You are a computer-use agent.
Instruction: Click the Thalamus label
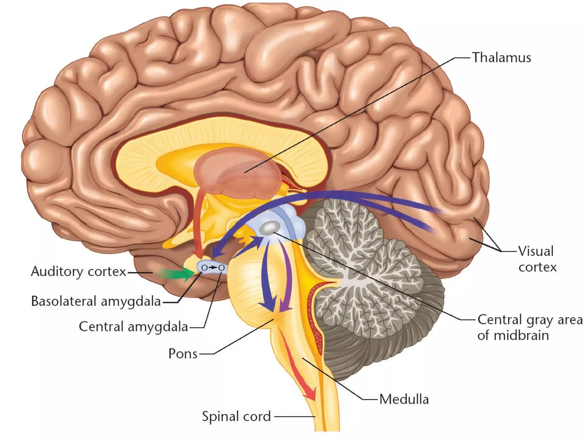coord(501,58)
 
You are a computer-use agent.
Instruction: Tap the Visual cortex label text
coord(537,259)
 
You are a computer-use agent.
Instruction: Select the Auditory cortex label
coord(78,271)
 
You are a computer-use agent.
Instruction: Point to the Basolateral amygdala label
coord(96,301)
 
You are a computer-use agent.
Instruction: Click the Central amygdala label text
coord(133,327)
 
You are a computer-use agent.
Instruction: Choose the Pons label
coord(183,354)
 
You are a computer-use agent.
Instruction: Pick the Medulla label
coord(404,399)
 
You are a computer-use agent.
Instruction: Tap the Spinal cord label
coord(236,416)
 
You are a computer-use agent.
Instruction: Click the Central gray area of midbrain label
coord(529,327)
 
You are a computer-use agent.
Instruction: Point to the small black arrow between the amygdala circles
coord(213,268)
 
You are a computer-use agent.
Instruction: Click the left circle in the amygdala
coord(204,268)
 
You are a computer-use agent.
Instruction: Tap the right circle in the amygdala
coord(221,268)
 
